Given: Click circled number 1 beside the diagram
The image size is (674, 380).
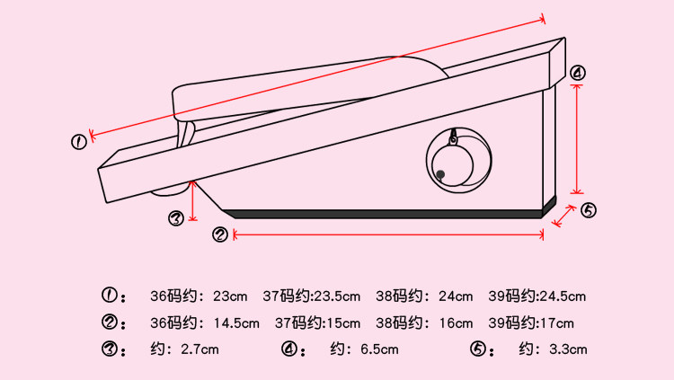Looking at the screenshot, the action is (x=80, y=141).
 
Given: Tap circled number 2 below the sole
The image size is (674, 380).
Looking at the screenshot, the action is (x=220, y=234).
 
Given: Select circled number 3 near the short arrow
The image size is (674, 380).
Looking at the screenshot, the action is (x=177, y=217).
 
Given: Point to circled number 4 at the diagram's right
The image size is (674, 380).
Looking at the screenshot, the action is (x=578, y=74).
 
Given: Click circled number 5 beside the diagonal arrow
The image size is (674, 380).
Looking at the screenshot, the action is (x=588, y=211).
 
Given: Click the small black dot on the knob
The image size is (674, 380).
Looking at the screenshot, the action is (x=440, y=173).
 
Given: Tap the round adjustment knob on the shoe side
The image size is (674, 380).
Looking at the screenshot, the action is (x=457, y=159).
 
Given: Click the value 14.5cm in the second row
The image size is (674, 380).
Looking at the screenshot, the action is (x=235, y=323).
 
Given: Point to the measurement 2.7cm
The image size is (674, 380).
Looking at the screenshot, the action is (x=200, y=349).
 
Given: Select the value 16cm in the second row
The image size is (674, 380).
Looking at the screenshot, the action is (x=455, y=323).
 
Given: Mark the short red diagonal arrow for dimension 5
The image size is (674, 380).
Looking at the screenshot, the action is (x=564, y=216).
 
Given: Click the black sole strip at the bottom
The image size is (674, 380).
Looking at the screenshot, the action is (x=386, y=214).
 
